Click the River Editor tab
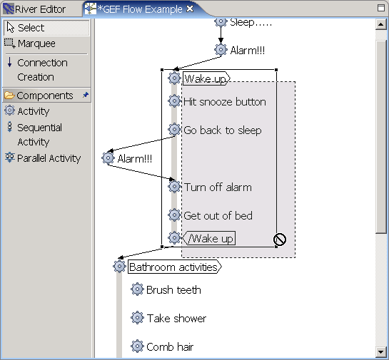35,9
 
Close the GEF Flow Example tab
190,9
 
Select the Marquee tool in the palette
30,43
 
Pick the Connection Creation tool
36,70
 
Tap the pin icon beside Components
86,95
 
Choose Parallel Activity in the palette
43,158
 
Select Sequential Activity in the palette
34,135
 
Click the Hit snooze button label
225,102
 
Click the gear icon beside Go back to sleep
174,129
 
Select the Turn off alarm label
218,187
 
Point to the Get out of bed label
218,215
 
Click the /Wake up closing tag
209,238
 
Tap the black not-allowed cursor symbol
280,240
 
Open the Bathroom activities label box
175,267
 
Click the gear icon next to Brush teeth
137,289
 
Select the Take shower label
176,319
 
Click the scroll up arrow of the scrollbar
380,24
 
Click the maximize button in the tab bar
381,8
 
